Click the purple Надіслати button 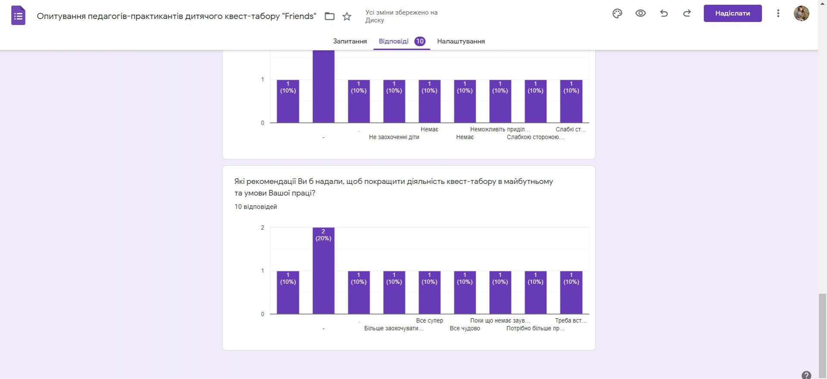pyautogui.click(x=732, y=13)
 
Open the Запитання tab pyautogui.click(x=350, y=41)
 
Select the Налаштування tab pyautogui.click(x=461, y=41)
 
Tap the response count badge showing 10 pyautogui.click(x=420, y=41)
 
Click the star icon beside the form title pyautogui.click(x=347, y=16)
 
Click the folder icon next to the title pyautogui.click(x=330, y=16)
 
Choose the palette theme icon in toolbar pyautogui.click(x=617, y=13)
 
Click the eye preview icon pyautogui.click(x=640, y=13)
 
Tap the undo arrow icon pyautogui.click(x=664, y=13)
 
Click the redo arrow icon pyautogui.click(x=687, y=13)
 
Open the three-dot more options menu pyautogui.click(x=778, y=13)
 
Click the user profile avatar pyautogui.click(x=801, y=13)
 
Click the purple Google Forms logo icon pyautogui.click(x=18, y=16)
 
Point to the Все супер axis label pyautogui.click(x=429, y=320)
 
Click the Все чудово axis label pyautogui.click(x=465, y=328)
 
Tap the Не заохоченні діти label pyautogui.click(x=394, y=137)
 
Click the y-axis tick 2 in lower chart pyautogui.click(x=262, y=227)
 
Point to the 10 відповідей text pyautogui.click(x=256, y=207)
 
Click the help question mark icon pyautogui.click(x=806, y=375)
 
